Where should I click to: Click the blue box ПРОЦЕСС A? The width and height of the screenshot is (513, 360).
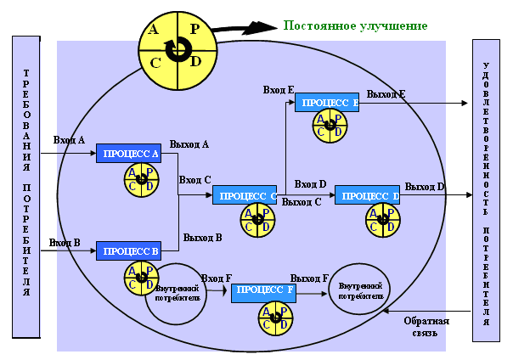(128, 154)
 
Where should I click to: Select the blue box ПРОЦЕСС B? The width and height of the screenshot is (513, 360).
(128, 250)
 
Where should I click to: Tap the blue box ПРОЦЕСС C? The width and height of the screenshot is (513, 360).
(245, 195)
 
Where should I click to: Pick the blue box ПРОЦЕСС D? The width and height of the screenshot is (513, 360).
(367, 195)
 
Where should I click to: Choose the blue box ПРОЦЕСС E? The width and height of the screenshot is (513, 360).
(327, 102)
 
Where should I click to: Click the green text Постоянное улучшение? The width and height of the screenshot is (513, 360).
(355, 25)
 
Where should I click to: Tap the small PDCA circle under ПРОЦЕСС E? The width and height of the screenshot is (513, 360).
(330, 127)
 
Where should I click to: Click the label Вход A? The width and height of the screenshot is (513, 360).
(69, 140)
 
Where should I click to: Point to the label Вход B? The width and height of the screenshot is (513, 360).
(65, 243)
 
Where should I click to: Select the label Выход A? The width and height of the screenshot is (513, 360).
(189, 144)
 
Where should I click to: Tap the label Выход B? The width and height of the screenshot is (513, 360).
(202, 238)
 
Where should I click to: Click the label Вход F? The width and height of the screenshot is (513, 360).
(217, 278)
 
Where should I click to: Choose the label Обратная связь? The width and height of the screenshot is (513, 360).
(426, 327)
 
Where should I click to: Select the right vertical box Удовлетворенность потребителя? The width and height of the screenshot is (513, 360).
(486, 190)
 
